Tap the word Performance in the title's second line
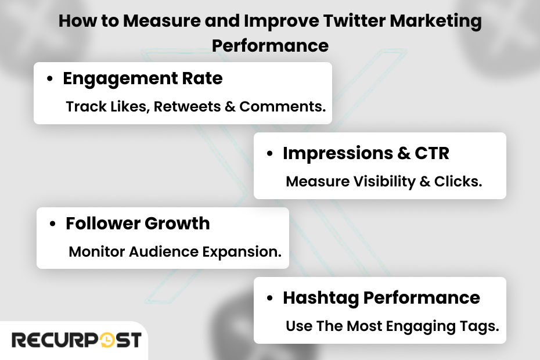[x=270, y=45]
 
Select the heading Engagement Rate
[x=142, y=78]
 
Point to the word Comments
[x=282, y=107]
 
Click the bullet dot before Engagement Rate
[x=51, y=79]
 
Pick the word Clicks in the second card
[x=459, y=181]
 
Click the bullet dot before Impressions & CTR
[x=270, y=154]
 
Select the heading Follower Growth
[x=138, y=224]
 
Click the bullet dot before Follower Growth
[x=53, y=224]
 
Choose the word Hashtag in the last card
[x=321, y=298]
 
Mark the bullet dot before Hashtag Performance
[x=270, y=298]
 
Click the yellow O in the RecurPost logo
[x=107, y=340]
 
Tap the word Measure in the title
[x=157, y=22]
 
